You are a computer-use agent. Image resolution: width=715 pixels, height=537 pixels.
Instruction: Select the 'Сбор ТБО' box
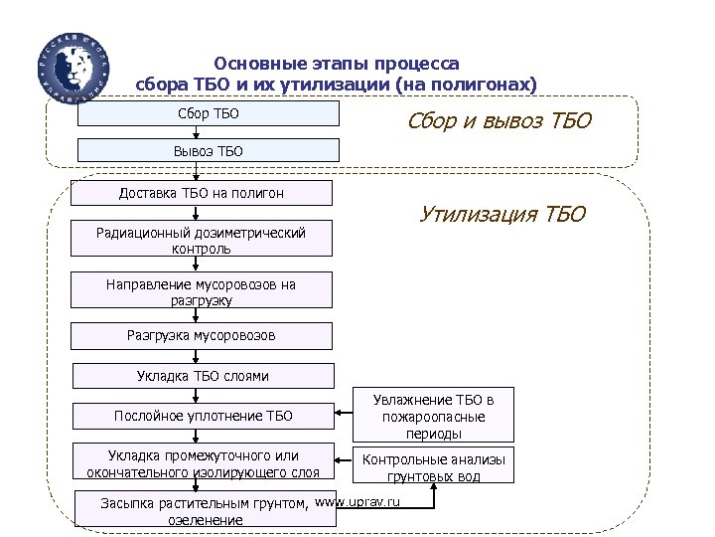[x=209, y=114]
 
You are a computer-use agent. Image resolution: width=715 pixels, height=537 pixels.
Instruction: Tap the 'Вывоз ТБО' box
[x=209, y=151]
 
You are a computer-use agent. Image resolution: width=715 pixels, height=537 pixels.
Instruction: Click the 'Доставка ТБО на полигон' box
[x=202, y=193]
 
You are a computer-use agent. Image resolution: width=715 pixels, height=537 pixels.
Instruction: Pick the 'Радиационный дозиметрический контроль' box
[x=202, y=240]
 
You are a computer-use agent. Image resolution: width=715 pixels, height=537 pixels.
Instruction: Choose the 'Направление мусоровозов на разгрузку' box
[x=202, y=291]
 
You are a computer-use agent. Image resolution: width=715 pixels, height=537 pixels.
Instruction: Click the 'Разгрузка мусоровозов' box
[x=202, y=336]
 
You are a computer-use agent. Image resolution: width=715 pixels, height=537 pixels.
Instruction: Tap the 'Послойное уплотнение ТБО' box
[x=204, y=415]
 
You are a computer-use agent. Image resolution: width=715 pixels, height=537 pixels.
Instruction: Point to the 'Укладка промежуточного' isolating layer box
[x=204, y=463]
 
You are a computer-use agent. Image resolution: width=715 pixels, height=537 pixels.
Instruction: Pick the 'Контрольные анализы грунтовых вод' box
[x=434, y=467]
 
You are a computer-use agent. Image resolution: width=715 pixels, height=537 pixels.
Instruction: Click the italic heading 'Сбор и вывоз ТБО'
[x=500, y=122]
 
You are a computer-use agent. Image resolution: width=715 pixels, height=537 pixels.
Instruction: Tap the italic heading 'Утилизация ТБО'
[x=502, y=214]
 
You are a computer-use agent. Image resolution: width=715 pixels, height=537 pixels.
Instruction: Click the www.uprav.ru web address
[x=357, y=501]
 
